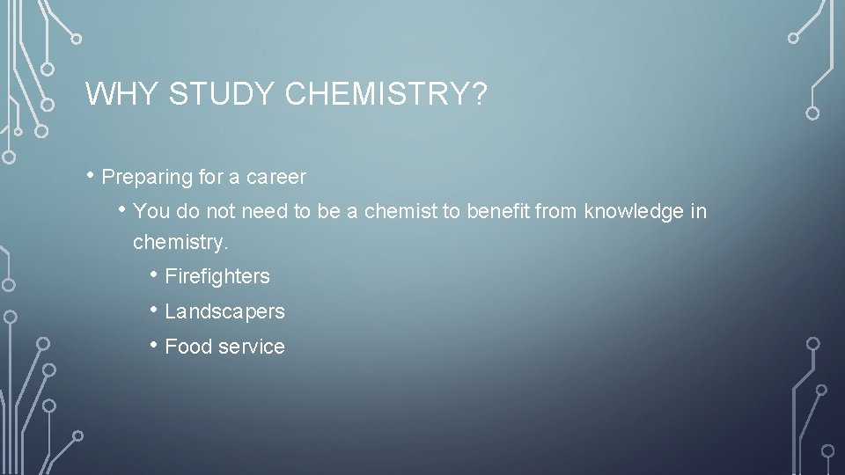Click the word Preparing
point(147,178)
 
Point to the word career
point(276,178)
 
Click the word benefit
point(496,212)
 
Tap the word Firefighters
point(217,277)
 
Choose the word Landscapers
point(224,311)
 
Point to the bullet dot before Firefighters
point(154,275)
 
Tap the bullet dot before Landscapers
point(154,310)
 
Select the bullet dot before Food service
point(154,345)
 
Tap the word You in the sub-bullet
point(151,212)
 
